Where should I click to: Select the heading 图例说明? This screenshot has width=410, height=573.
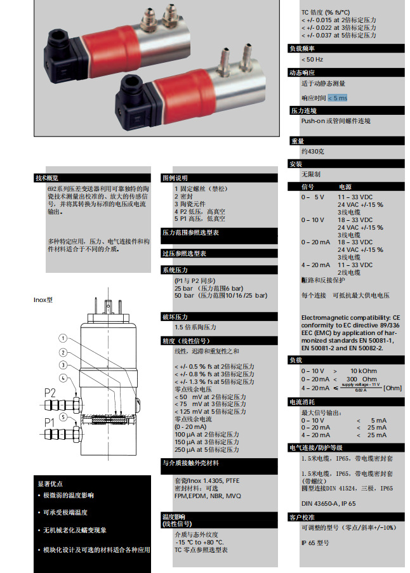175,178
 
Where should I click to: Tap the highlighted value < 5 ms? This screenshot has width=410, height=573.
338,98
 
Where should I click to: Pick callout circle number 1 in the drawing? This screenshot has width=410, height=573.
63,338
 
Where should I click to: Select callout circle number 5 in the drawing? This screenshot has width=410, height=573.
63,416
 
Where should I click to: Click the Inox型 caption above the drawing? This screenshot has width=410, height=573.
43,299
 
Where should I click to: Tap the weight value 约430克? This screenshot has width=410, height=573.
313,152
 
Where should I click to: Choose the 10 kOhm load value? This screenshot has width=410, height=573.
364,370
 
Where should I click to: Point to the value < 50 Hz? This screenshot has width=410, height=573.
312,60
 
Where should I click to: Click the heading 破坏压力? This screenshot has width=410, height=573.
175,316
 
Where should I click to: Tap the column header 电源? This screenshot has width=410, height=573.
345,187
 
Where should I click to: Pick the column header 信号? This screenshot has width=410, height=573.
307,187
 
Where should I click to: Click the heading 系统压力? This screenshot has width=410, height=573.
175,270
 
